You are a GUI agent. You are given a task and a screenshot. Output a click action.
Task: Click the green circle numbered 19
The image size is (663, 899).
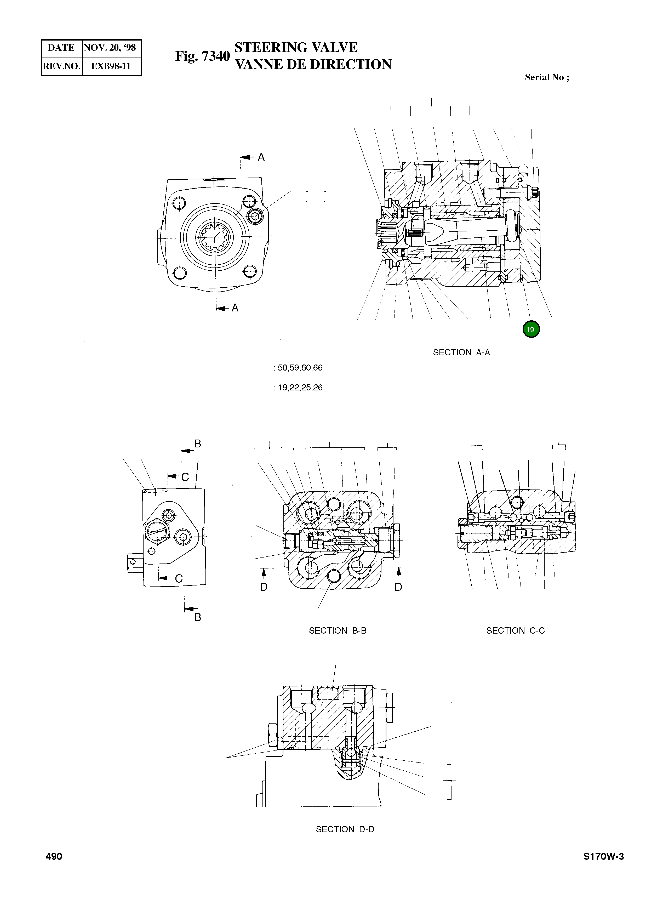pyautogui.click(x=531, y=329)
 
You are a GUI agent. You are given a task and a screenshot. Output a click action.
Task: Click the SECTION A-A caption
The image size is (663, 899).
pyautogui.click(x=461, y=352)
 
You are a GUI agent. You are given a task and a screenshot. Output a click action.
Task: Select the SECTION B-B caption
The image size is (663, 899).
pyautogui.click(x=338, y=630)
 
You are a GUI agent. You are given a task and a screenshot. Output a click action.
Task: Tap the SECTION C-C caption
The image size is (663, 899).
pyautogui.click(x=515, y=630)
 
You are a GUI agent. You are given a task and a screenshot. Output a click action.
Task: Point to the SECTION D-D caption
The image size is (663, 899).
pyautogui.click(x=345, y=829)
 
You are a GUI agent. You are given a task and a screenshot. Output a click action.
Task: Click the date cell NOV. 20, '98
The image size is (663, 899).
pyautogui.click(x=110, y=48)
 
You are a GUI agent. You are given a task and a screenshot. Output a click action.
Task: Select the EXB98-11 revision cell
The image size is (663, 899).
pyautogui.click(x=111, y=66)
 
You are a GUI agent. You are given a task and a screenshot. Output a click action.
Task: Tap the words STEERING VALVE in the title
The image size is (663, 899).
pyautogui.click(x=296, y=47)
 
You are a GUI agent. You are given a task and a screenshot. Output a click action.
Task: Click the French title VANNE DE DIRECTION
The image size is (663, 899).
pyautogui.click(x=313, y=64)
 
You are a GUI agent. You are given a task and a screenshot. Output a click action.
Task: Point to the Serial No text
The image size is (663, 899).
pyautogui.click(x=547, y=77)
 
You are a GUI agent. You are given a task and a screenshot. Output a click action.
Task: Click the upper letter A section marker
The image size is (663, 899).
pyautogui.click(x=261, y=157)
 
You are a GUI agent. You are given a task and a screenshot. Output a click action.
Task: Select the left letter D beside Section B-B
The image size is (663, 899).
pyautogui.click(x=264, y=587)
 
